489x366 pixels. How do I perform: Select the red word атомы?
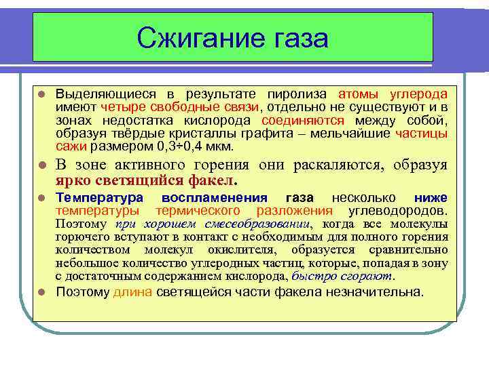[x=355, y=94]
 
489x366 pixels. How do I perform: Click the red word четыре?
[x=120, y=106]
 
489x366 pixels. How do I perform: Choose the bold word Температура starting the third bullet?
[x=98, y=198]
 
